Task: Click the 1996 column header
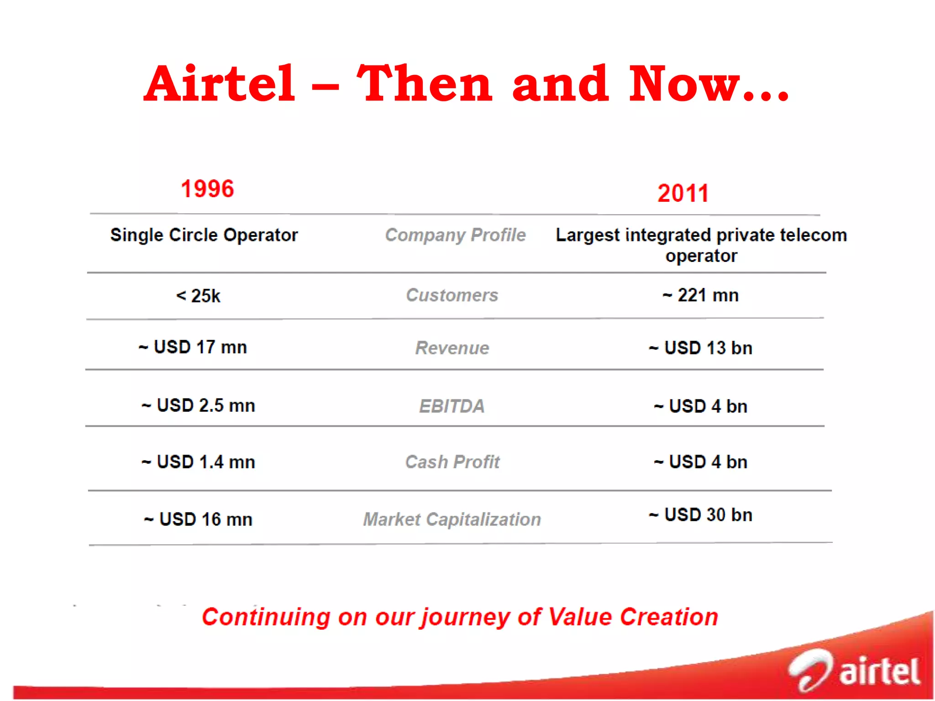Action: click(x=207, y=189)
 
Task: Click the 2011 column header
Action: click(x=683, y=193)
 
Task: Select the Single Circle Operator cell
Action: click(x=204, y=235)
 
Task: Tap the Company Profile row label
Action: click(x=455, y=235)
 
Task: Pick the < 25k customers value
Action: click(x=198, y=296)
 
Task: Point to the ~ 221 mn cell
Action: click(x=700, y=295)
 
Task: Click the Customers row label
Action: click(x=452, y=295)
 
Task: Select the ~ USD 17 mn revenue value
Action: click(x=193, y=347)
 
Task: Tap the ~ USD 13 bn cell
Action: click(x=700, y=348)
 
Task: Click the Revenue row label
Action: click(x=452, y=348)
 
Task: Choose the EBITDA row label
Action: click(x=452, y=406)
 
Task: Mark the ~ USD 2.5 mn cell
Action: click(x=198, y=406)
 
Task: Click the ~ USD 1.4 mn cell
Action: click(x=198, y=462)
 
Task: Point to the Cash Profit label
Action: click(x=452, y=462)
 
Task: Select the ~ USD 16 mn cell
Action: click(x=198, y=519)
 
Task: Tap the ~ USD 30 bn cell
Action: click(x=700, y=515)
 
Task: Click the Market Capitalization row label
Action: click(x=452, y=519)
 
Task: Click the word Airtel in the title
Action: click(x=220, y=84)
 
